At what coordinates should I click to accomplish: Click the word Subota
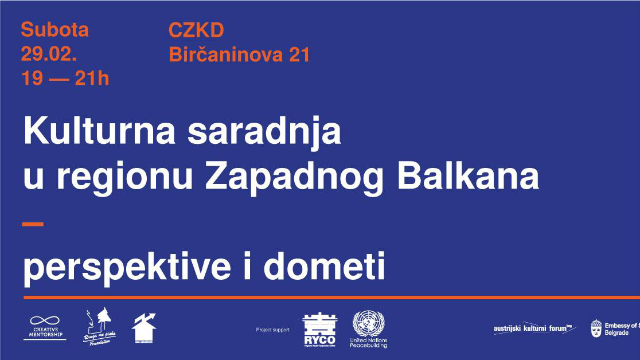(54, 30)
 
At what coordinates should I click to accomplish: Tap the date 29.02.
(49, 54)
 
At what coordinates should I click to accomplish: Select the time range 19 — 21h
(65, 79)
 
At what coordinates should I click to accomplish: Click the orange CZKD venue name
(196, 30)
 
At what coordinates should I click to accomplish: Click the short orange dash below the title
(33, 224)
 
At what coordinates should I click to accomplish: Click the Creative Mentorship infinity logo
(45, 327)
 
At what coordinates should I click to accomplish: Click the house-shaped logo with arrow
(143, 328)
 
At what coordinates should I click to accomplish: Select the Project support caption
(272, 330)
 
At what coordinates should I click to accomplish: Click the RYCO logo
(319, 330)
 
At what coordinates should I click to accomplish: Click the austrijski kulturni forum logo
(533, 328)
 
